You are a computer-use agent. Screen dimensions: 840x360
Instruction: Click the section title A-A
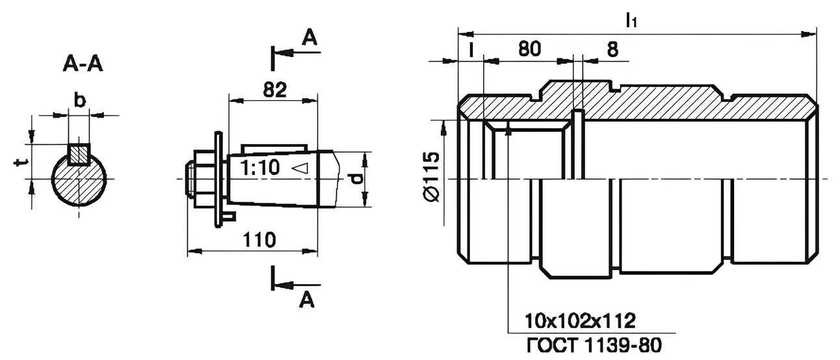(x=83, y=64)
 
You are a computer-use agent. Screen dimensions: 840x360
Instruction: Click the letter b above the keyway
(x=79, y=101)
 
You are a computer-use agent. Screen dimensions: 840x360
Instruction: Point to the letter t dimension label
(x=20, y=162)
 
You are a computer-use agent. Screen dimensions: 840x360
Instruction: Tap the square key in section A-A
(x=79, y=154)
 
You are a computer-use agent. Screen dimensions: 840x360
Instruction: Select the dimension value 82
(x=275, y=90)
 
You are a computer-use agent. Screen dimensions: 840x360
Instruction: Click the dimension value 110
(x=259, y=240)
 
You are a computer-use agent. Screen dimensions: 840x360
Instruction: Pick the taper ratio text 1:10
(x=260, y=167)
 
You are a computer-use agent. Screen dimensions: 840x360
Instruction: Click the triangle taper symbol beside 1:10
(x=300, y=168)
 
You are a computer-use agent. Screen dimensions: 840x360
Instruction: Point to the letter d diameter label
(x=358, y=179)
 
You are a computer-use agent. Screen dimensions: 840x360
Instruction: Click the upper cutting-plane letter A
(x=309, y=38)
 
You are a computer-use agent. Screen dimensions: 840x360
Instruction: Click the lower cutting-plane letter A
(x=307, y=300)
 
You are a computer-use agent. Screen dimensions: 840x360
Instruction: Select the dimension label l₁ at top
(x=631, y=20)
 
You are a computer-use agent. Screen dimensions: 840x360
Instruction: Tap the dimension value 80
(x=529, y=49)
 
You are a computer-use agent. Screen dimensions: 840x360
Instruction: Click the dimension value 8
(x=612, y=49)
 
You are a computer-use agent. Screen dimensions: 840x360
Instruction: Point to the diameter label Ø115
(x=431, y=177)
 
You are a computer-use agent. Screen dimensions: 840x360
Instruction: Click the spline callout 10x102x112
(x=580, y=321)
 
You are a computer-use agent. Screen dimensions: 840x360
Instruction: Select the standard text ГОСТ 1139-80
(x=594, y=345)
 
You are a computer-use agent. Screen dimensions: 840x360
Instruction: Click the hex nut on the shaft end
(x=205, y=179)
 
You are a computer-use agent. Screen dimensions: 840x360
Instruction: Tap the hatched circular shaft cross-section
(x=79, y=180)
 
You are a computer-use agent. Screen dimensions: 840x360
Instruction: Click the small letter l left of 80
(x=471, y=49)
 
